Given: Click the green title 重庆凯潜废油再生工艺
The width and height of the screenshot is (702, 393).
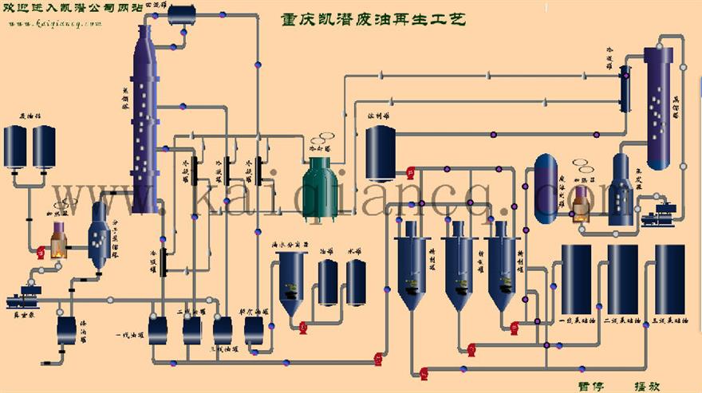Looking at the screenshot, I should pyautogui.click(x=374, y=18).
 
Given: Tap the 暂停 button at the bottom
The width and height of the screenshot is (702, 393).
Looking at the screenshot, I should pyautogui.click(x=590, y=387).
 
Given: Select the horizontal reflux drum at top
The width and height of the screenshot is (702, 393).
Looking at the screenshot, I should pyautogui.click(x=181, y=13).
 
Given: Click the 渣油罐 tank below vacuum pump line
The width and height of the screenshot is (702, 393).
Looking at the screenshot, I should pyautogui.click(x=66, y=329).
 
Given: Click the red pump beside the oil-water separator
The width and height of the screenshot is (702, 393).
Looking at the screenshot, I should pyautogui.click(x=303, y=324).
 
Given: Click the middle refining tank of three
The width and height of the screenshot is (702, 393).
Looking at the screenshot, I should pyautogui.click(x=459, y=267).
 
